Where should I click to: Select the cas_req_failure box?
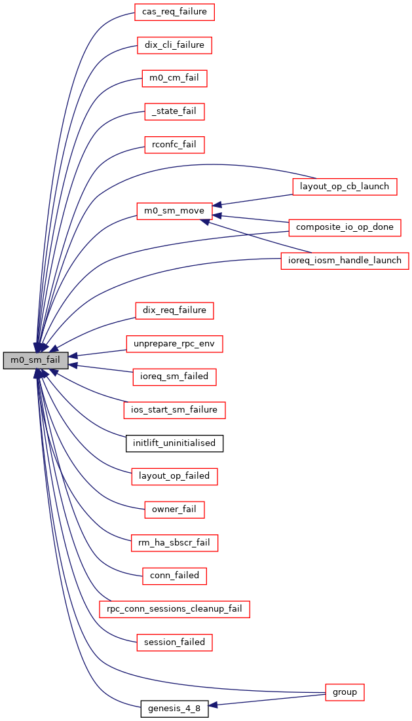(174, 11)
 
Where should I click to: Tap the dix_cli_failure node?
(174, 45)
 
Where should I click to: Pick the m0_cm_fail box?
(174, 79)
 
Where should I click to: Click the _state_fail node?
(174, 112)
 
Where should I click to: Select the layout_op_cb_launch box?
(344, 186)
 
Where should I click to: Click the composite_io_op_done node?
(345, 227)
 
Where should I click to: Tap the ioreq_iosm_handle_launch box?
(345, 261)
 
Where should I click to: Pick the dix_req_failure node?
(174, 310)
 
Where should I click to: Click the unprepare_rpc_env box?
(174, 343)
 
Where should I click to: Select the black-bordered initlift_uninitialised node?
(174, 443)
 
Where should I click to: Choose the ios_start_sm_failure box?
(174, 410)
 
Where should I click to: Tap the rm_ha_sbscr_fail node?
(174, 543)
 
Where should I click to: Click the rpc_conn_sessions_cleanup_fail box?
(174, 609)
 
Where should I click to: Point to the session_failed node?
(174, 642)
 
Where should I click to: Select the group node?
(345, 692)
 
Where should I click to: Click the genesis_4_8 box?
(174, 709)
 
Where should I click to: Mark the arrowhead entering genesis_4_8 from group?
(213, 705)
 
